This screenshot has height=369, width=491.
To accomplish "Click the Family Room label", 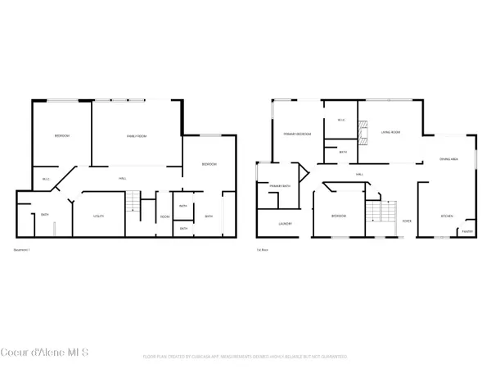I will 137,135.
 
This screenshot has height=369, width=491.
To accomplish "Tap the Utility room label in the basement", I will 86,216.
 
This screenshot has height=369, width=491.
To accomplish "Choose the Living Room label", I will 390,132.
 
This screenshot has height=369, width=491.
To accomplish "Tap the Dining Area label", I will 449,159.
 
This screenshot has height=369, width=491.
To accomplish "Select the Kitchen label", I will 447,216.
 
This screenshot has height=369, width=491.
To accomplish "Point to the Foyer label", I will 407,221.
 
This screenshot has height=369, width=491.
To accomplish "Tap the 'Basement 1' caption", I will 25,248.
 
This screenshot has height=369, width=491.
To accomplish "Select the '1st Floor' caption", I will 264,248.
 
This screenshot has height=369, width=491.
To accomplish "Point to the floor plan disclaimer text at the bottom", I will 245,357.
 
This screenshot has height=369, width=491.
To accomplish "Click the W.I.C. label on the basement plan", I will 46,178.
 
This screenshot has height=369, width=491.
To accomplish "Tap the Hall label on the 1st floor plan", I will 359,175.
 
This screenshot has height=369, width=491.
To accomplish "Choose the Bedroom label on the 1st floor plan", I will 339,216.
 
